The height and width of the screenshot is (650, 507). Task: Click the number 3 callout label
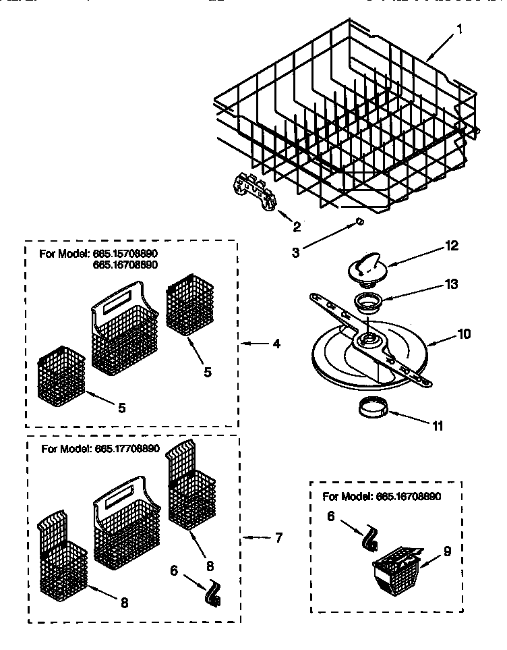[296, 252]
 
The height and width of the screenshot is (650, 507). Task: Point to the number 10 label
[465, 333]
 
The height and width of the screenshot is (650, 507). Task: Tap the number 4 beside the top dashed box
[277, 343]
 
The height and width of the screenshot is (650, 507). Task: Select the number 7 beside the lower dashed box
[278, 538]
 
